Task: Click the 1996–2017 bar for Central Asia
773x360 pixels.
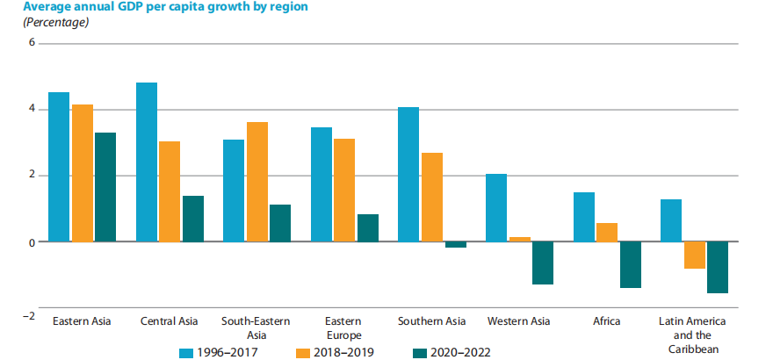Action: (x=147, y=162)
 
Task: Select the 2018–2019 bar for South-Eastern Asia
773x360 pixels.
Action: (x=257, y=182)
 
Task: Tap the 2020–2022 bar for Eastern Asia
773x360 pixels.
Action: (x=105, y=187)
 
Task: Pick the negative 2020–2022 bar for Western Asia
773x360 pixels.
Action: (x=543, y=263)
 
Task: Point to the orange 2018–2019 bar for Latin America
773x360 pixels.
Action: (x=694, y=255)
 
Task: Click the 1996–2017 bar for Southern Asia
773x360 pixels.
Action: (x=408, y=174)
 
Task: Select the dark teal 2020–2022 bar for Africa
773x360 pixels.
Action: (x=630, y=264)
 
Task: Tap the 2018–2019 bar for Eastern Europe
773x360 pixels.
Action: (x=345, y=190)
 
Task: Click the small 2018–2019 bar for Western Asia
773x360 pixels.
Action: (x=520, y=239)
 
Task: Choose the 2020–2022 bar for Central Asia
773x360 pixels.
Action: (x=193, y=219)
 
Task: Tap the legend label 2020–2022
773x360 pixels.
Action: (x=460, y=352)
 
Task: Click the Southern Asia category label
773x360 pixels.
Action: (x=431, y=321)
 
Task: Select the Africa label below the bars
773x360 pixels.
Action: (x=606, y=321)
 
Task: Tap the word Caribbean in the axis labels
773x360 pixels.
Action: (x=694, y=349)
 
